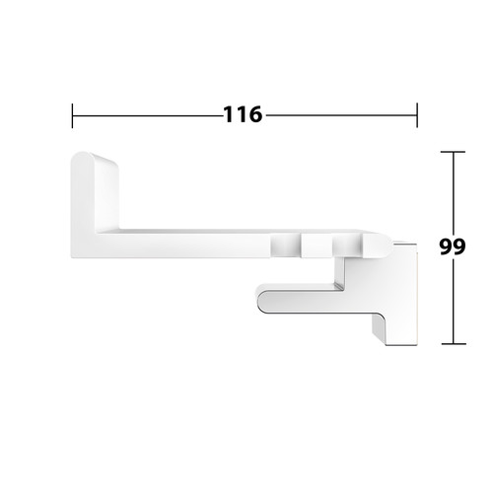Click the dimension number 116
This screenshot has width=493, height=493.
(243, 114)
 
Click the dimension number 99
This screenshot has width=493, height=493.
(453, 246)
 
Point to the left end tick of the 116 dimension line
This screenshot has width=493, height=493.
(72, 115)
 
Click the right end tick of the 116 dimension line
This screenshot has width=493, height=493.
(417, 115)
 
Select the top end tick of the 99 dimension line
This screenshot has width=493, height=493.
(453, 152)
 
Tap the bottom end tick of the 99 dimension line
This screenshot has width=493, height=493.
(454, 344)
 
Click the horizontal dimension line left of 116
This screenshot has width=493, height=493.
(148, 115)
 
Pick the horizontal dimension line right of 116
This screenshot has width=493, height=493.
(341, 115)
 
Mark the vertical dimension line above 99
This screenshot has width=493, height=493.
(454, 193)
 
